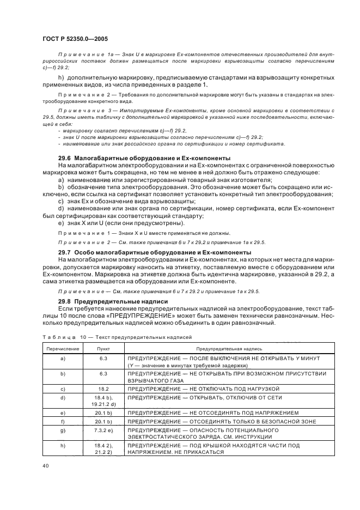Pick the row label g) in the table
(63, 430)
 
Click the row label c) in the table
(63, 388)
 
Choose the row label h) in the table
(63, 445)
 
